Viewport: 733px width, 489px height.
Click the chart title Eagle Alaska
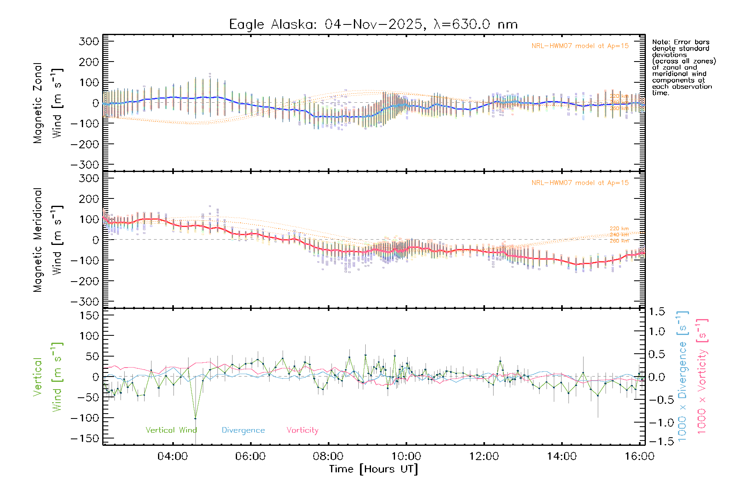[373, 24]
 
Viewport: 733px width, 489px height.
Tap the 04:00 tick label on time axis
[173, 456]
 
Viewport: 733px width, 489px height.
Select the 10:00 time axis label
[406, 456]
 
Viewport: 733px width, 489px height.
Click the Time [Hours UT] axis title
[373, 469]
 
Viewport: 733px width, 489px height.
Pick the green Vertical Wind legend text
[171, 430]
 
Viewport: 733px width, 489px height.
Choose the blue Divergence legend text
[243, 430]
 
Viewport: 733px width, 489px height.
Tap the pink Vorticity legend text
[302, 430]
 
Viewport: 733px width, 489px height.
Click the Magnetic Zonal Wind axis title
[48, 103]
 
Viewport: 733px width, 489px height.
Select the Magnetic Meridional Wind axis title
[48, 240]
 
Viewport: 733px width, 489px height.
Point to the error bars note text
[683, 67]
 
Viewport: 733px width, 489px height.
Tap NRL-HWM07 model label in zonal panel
[580, 46]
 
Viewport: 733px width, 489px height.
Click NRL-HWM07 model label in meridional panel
[580, 183]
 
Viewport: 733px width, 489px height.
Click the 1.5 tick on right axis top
[657, 312]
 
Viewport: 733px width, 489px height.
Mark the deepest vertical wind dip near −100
[195, 419]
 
